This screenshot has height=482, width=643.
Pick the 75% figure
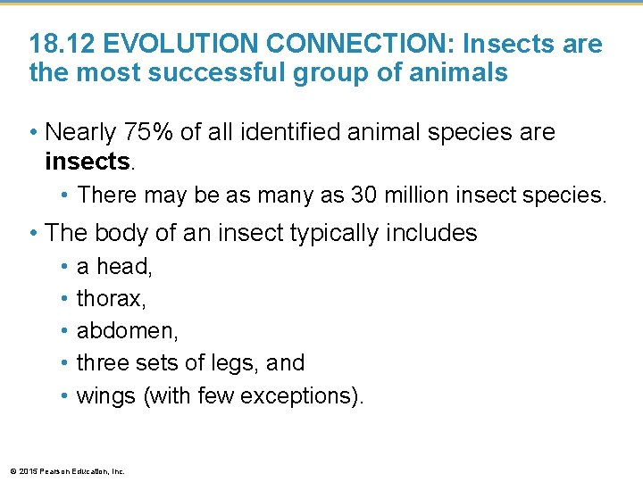(x=146, y=132)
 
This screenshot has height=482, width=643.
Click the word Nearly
(x=80, y=132)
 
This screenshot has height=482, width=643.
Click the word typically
(x=339, y=233)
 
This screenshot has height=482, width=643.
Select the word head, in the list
(x=125, y=267)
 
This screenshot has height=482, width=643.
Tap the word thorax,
(x=112, y=299)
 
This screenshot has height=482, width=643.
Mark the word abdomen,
(x=128, y=331)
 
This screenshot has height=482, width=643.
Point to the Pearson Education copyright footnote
(x=66, y=470)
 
